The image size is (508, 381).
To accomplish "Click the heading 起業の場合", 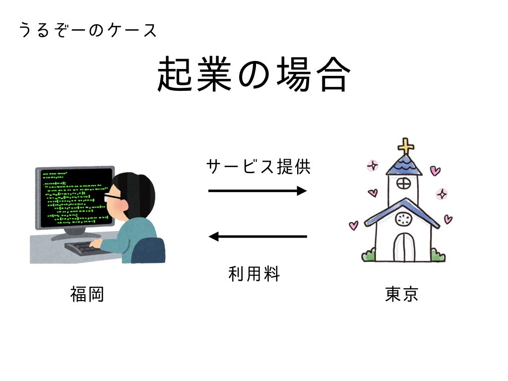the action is pos(254,74).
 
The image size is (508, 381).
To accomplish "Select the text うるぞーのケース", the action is pos(87,30).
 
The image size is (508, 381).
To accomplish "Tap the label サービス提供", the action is pos(258,167).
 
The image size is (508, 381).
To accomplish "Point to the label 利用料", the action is pos(254,274).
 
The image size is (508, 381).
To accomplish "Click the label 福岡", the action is pos(87,294).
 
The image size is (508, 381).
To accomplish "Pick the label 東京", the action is pos(402,294).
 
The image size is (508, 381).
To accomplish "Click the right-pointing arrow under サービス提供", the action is pos(257,191).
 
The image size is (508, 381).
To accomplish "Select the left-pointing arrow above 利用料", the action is pos(257,237).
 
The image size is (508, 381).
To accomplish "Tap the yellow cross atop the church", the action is pos(406,146).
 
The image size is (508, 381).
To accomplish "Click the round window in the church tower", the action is pos(403,184).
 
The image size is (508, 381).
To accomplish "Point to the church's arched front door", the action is pos(404,247).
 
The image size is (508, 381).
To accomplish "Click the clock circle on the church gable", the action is pos(403,219).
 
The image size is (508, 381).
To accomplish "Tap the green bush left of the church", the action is pos(369,255).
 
